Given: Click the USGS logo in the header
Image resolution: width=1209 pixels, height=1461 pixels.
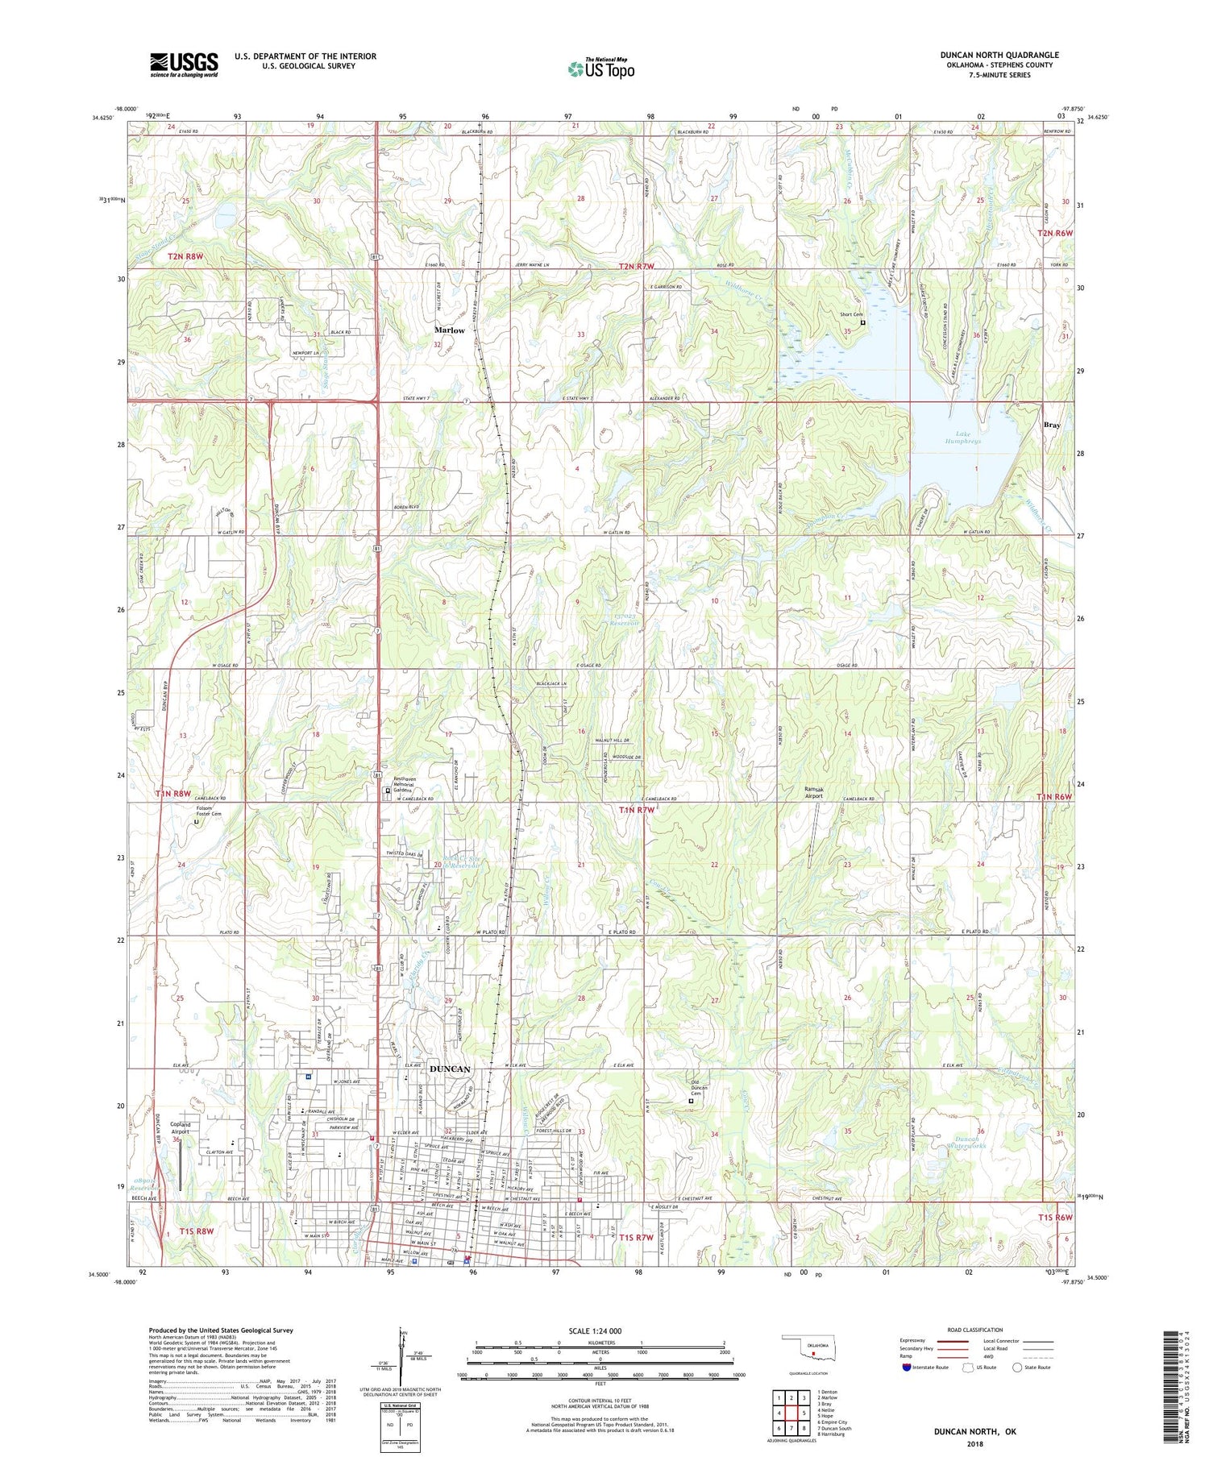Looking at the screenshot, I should [x=184, y=64].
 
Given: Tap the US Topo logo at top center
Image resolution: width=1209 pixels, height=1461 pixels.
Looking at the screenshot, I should [x=600, y=69].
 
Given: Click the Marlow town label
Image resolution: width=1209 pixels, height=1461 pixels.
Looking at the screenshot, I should [x=449, y=330].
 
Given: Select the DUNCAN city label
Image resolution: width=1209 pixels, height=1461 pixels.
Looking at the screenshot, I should [x=449, y=1069].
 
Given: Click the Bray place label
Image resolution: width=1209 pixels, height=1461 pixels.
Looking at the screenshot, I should [x=1051, y=425].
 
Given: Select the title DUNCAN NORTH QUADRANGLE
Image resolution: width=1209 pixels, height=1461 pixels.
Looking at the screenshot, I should [x=999, y=55].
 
